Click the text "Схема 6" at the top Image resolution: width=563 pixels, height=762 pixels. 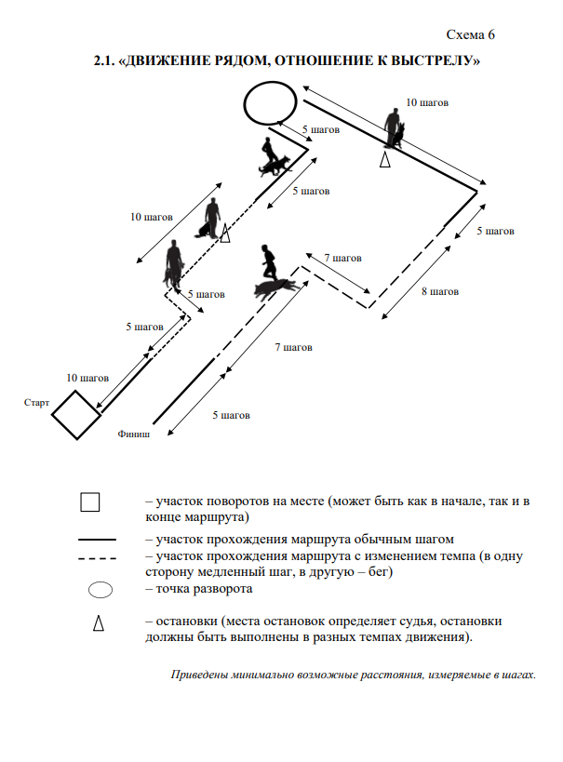[471, 35]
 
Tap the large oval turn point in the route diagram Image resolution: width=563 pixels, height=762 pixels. [272, 101]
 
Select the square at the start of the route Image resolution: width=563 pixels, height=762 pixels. [75, 414]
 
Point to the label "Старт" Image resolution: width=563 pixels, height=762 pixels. [37, 404]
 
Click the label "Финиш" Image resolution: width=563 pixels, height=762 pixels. [133, 433]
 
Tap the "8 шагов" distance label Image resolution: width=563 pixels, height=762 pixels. [440, 291]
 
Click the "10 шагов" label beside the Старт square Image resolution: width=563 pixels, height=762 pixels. [87, 378]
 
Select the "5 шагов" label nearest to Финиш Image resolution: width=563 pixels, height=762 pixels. [231, 415]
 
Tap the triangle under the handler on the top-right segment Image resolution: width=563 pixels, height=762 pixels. [384, 161]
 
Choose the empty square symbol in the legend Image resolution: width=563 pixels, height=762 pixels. [90, 502]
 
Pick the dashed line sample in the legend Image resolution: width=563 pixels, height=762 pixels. [97, 558]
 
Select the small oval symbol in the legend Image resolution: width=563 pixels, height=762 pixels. [100, 589]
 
